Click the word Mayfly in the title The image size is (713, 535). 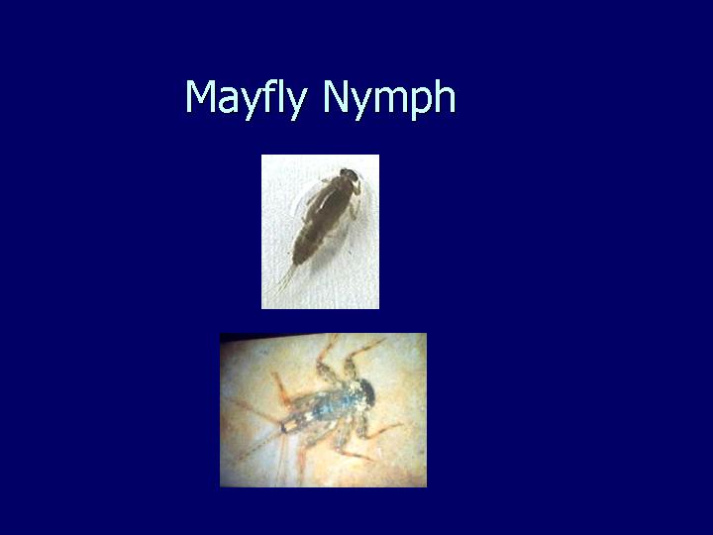(x=246, y=98)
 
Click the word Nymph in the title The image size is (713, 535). (x=389, y=98)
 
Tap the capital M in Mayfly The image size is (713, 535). (x=200, y=96)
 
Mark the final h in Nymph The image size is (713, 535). (x=446, y=95)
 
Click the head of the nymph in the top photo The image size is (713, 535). (x=349, y=174)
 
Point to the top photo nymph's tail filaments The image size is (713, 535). (x=283, y=279)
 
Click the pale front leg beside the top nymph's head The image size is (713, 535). (x=358, y=186)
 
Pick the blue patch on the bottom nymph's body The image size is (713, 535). (x=338, y=401)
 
